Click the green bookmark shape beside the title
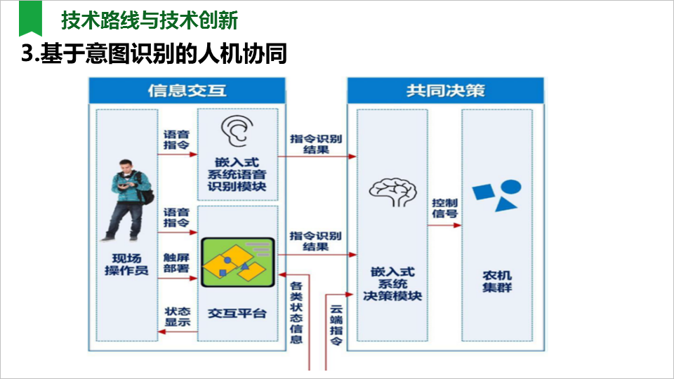(30, 19)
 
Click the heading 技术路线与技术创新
(150, 21)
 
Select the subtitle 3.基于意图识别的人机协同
(154, 54)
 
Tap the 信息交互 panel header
(187, 91)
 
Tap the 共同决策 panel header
(445, 91)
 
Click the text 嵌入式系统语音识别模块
(237, 175)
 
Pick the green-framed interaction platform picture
(237, 262)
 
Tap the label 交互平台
(237, 313)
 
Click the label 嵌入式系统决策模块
(392, 284)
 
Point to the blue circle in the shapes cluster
(510, 187)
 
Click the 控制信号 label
(444, 208)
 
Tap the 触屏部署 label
(176, 262)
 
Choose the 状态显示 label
(177, 317)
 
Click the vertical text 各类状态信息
(296, 313)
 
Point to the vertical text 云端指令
(337, 324)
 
